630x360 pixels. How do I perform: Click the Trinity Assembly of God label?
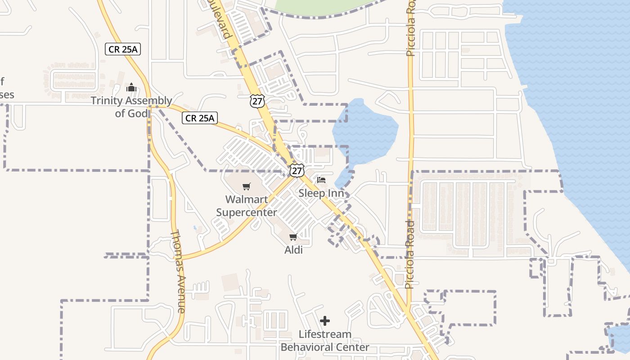tap(131, 107)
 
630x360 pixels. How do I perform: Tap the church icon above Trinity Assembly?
tap(131, 87)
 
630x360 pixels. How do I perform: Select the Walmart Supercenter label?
tap(247, 206)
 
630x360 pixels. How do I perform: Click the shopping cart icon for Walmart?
tap(247, 187)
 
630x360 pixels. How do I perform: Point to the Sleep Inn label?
tap(321, 193)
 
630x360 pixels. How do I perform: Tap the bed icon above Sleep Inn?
tap(321, 180)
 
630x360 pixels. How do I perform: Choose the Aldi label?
tap(293, 250)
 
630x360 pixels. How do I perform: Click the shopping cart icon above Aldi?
tap(293, 237)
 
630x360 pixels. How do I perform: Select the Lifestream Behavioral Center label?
tap(325, 341)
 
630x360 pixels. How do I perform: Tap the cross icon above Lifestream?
tap(325, 321)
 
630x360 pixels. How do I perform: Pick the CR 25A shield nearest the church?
tap(123, 49)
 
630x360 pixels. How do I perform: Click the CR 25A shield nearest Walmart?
tap(200, 118)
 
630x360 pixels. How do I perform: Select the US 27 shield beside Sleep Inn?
tap(297, 171)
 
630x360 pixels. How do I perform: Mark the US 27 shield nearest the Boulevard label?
tap(257, 101)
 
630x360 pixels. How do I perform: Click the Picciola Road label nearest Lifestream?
tap(409, 254)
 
